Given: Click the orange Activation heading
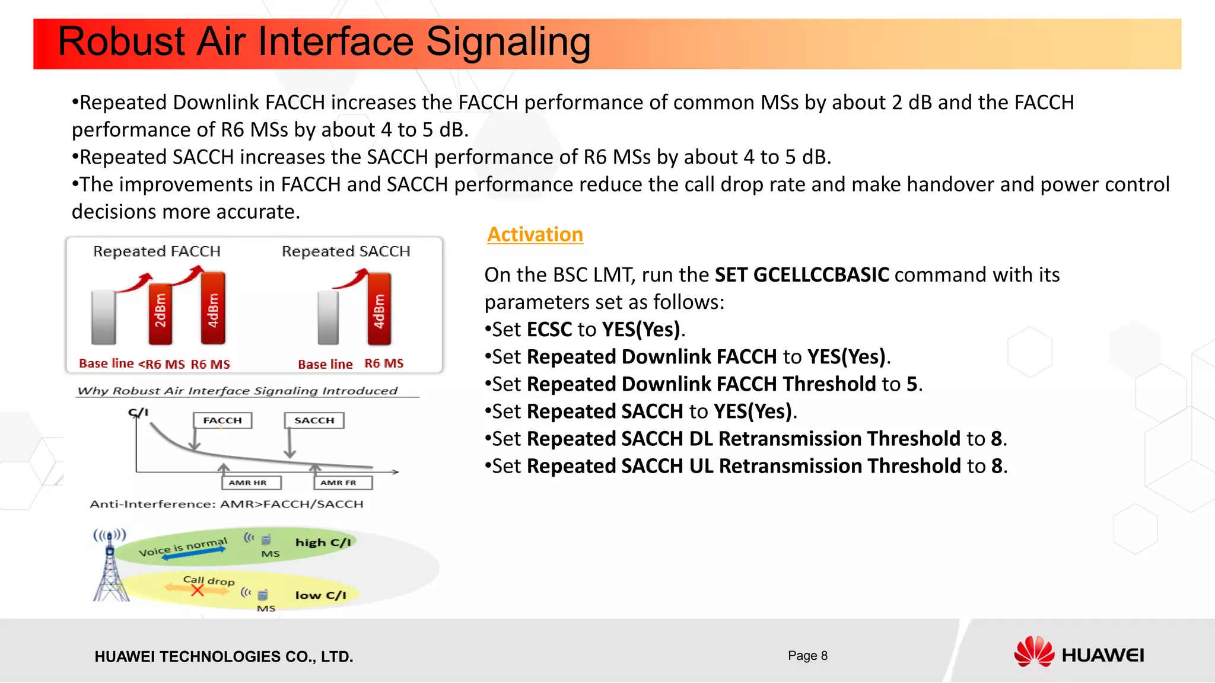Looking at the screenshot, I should click(535, 235).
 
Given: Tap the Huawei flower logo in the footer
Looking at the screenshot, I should click(1033, 652).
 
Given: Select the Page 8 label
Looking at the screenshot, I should click(807, 655).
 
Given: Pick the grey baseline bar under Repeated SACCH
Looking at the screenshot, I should click(327, 317).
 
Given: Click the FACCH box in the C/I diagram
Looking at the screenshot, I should click(222, 420).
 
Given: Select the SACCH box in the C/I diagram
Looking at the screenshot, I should click(314, 420).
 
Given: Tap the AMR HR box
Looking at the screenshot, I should click(248, 483).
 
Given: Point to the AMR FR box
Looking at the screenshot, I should click(339, 483).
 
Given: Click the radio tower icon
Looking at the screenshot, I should click(110, 566).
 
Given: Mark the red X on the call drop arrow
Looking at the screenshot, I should click(198, 591).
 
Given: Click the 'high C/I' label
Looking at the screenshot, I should click(323, 542).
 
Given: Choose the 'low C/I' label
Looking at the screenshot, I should click(320, 595).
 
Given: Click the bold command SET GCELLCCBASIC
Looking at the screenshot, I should click(801, 275).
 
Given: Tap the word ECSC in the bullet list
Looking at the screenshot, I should click(549, 330).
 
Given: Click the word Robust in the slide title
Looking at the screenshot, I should click(122, 42).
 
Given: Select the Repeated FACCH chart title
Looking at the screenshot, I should click(157, 251).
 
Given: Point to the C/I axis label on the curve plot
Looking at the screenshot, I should click(138, 412).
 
